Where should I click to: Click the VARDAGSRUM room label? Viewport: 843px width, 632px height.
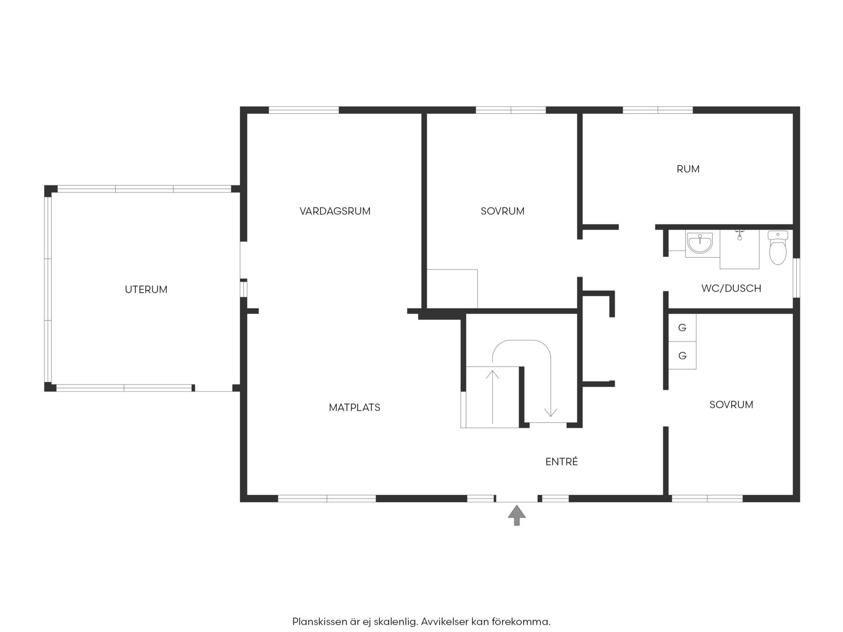335,211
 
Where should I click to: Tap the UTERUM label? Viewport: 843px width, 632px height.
146,290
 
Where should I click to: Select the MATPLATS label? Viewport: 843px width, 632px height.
355,408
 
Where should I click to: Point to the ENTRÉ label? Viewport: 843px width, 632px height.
562,462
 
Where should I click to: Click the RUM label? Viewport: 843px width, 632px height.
688,169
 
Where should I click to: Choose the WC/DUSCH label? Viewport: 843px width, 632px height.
731,288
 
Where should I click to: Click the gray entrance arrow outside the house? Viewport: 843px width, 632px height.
517,515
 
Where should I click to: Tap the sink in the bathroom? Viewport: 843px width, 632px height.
699,243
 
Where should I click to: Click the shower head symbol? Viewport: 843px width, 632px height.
739,235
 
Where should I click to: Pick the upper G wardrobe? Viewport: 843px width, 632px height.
682,328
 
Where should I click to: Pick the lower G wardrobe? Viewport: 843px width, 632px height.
682,356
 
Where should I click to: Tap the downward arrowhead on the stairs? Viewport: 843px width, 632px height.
551,412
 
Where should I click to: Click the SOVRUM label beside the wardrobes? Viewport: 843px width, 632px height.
731,405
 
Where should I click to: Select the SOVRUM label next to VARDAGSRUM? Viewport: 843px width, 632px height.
503,211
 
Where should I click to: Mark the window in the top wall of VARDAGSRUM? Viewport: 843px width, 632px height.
303,110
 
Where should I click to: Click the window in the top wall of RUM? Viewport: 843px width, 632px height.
658,110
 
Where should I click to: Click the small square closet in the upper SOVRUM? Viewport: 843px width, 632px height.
452,289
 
